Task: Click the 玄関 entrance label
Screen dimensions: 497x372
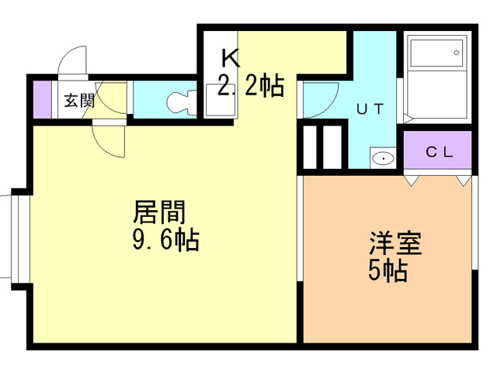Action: (79, 101)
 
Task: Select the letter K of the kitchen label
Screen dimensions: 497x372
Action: (231, 58)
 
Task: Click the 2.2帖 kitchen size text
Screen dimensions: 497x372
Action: (251, 85)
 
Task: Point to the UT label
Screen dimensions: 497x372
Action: (370, 109)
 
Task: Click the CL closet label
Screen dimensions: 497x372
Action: (440, 153)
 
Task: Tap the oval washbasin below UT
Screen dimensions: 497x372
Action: (383, 158)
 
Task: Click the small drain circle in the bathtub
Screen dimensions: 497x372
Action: (457, 53)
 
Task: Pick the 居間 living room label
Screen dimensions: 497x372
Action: (159, 212)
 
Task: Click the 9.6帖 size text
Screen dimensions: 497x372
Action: (165, 239)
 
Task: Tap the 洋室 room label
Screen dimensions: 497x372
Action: (395, 243)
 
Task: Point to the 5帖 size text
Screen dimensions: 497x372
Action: (388, 270)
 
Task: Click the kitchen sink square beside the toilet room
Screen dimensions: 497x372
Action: (221, 100)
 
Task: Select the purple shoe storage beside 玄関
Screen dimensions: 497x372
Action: (43, 100)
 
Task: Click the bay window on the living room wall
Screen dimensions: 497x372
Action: (20, 239)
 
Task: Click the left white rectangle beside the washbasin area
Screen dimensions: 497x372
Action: (310, 147)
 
